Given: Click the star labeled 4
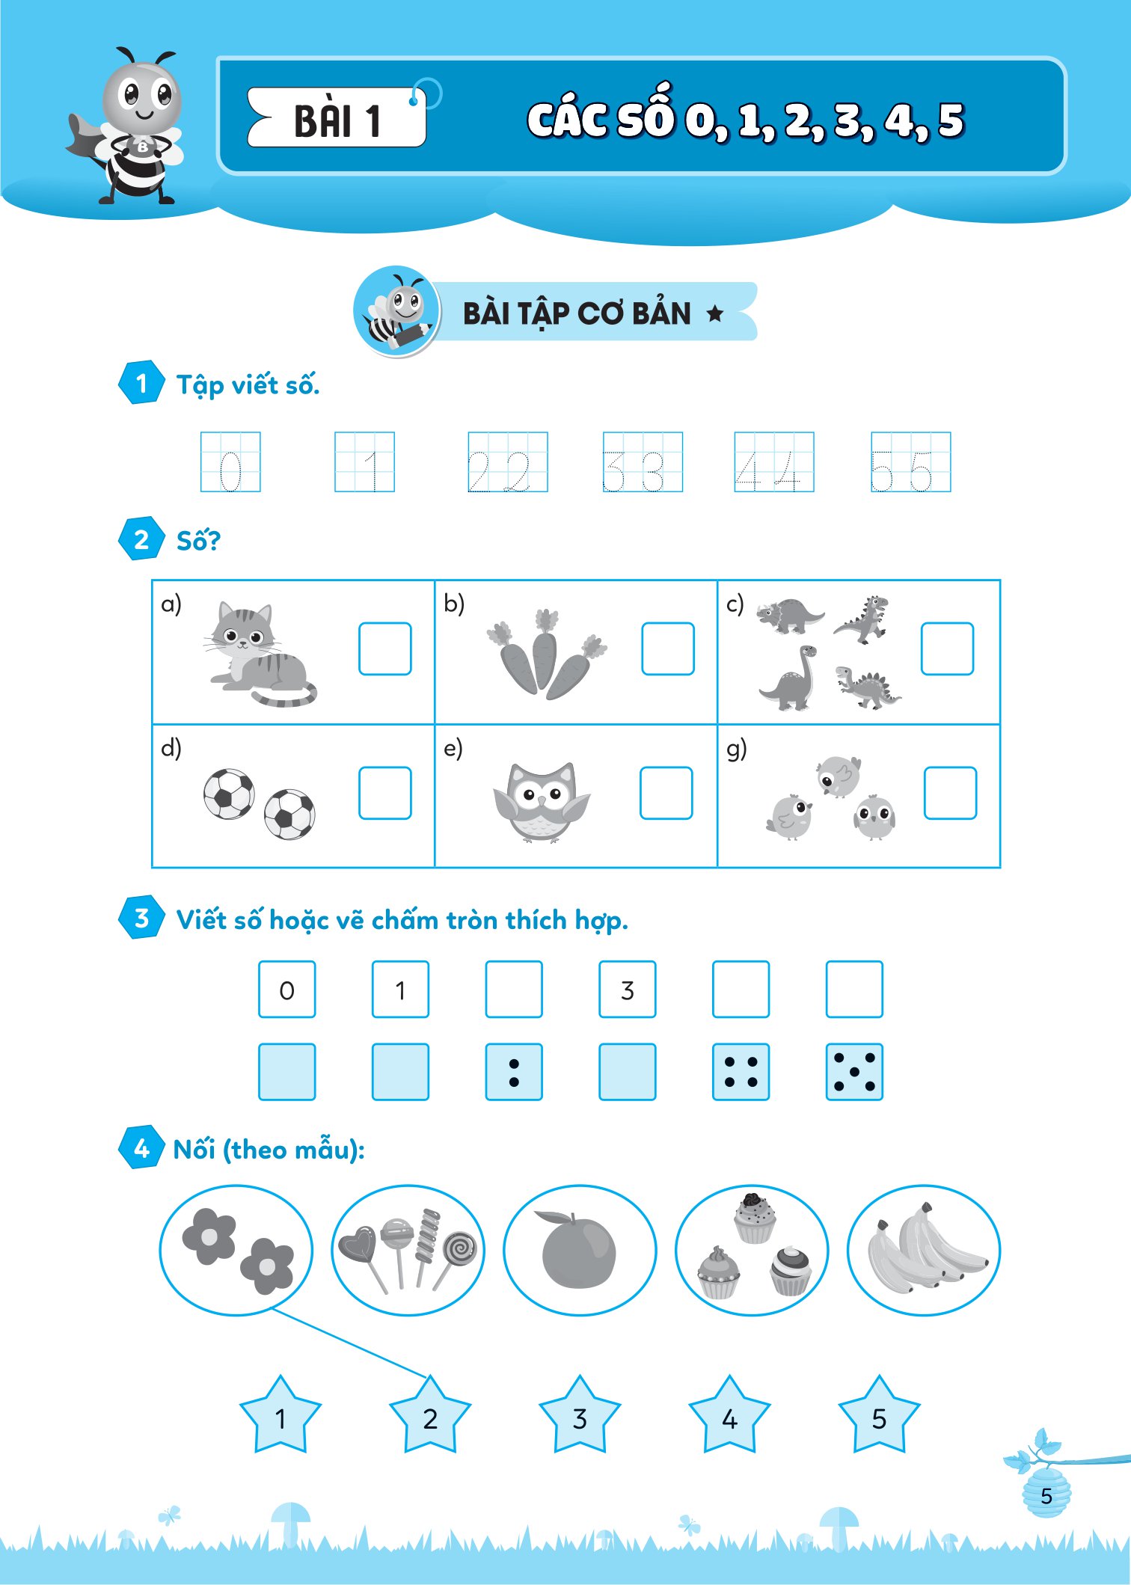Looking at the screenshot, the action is tap(729, 1415).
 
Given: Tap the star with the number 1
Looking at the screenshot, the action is tap(281, 1415).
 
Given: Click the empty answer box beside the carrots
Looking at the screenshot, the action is tap(668, 649).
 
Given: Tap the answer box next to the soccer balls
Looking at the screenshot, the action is tap(385, 793).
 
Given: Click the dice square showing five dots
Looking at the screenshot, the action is tap(854, 1072).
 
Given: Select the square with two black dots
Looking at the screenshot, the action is tap(514, 1072).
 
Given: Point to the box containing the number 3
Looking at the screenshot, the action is tap(628, 990).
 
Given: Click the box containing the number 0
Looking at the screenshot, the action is tap(287, 990).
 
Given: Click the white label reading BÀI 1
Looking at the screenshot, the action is tap(337, 117).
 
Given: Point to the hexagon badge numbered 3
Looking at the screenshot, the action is tap(141, 917).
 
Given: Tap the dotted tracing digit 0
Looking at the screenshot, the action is tap(230, 470).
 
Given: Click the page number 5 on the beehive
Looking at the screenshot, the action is tap(1046, 1495).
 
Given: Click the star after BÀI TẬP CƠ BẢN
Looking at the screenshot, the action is tap(715, 313).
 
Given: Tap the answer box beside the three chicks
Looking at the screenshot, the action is tap(951, 793).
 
